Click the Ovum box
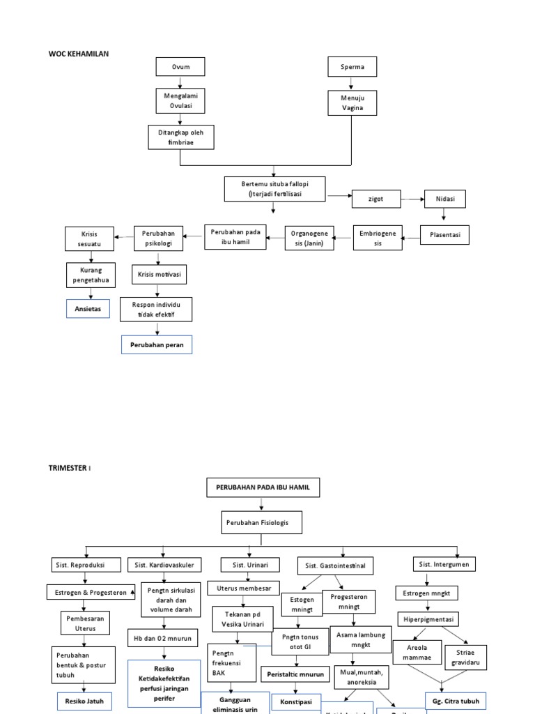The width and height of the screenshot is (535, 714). (180, 67)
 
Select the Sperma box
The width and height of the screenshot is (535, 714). (352, 67)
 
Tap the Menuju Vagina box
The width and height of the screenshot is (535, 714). (352, 102)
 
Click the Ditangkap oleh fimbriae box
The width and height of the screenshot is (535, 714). (180, 137)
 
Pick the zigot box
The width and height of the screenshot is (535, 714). (376, 199)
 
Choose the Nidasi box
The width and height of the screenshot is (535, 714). (444, 199)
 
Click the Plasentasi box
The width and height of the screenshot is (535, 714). (445, 235)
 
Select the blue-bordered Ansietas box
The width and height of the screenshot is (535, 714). (88, 308)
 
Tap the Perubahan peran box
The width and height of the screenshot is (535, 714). (156, 344)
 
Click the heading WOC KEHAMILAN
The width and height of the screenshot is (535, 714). (79, 54)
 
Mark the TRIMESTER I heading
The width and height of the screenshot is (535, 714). (70, 468)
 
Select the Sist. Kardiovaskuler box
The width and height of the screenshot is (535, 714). (163, 564)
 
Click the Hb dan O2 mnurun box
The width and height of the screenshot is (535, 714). (163, 637)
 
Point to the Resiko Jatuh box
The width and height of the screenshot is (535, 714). (84, 700)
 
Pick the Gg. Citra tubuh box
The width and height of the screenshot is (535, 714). (456, 700)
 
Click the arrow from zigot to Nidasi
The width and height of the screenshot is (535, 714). (413, 199)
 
